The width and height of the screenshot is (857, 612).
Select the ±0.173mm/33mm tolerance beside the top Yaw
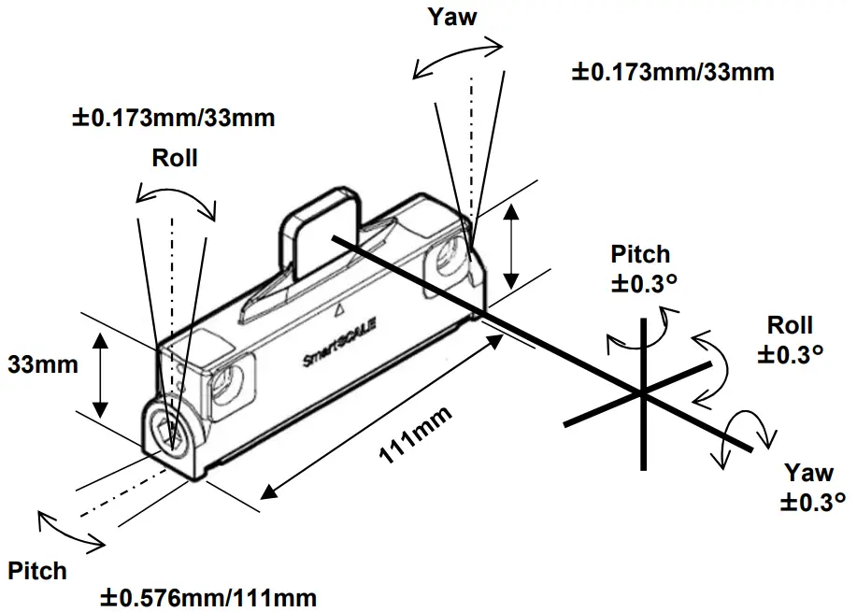click(672, 71)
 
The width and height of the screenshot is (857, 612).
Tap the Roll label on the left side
click(175, 158)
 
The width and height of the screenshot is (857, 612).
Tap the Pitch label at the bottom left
click(37, 571)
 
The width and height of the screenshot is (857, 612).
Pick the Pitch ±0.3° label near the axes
click(640, 269)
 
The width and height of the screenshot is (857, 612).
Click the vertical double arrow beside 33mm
click(101, 375)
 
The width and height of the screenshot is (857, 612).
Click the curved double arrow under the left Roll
click(176, 193)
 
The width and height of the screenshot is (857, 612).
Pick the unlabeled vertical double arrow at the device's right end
click(510, 247)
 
